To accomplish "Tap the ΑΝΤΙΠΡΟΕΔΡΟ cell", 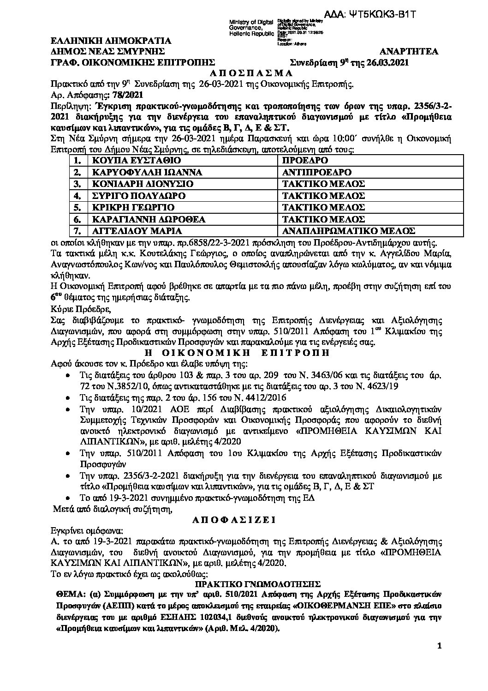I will (x=317, y=172).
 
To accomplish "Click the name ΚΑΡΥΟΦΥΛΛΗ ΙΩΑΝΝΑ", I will (x=134, y=172).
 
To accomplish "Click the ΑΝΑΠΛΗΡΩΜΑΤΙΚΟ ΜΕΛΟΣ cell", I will (x=348, y=230).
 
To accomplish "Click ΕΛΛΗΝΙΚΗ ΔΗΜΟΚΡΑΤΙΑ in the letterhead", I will (x=111, y=41).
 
